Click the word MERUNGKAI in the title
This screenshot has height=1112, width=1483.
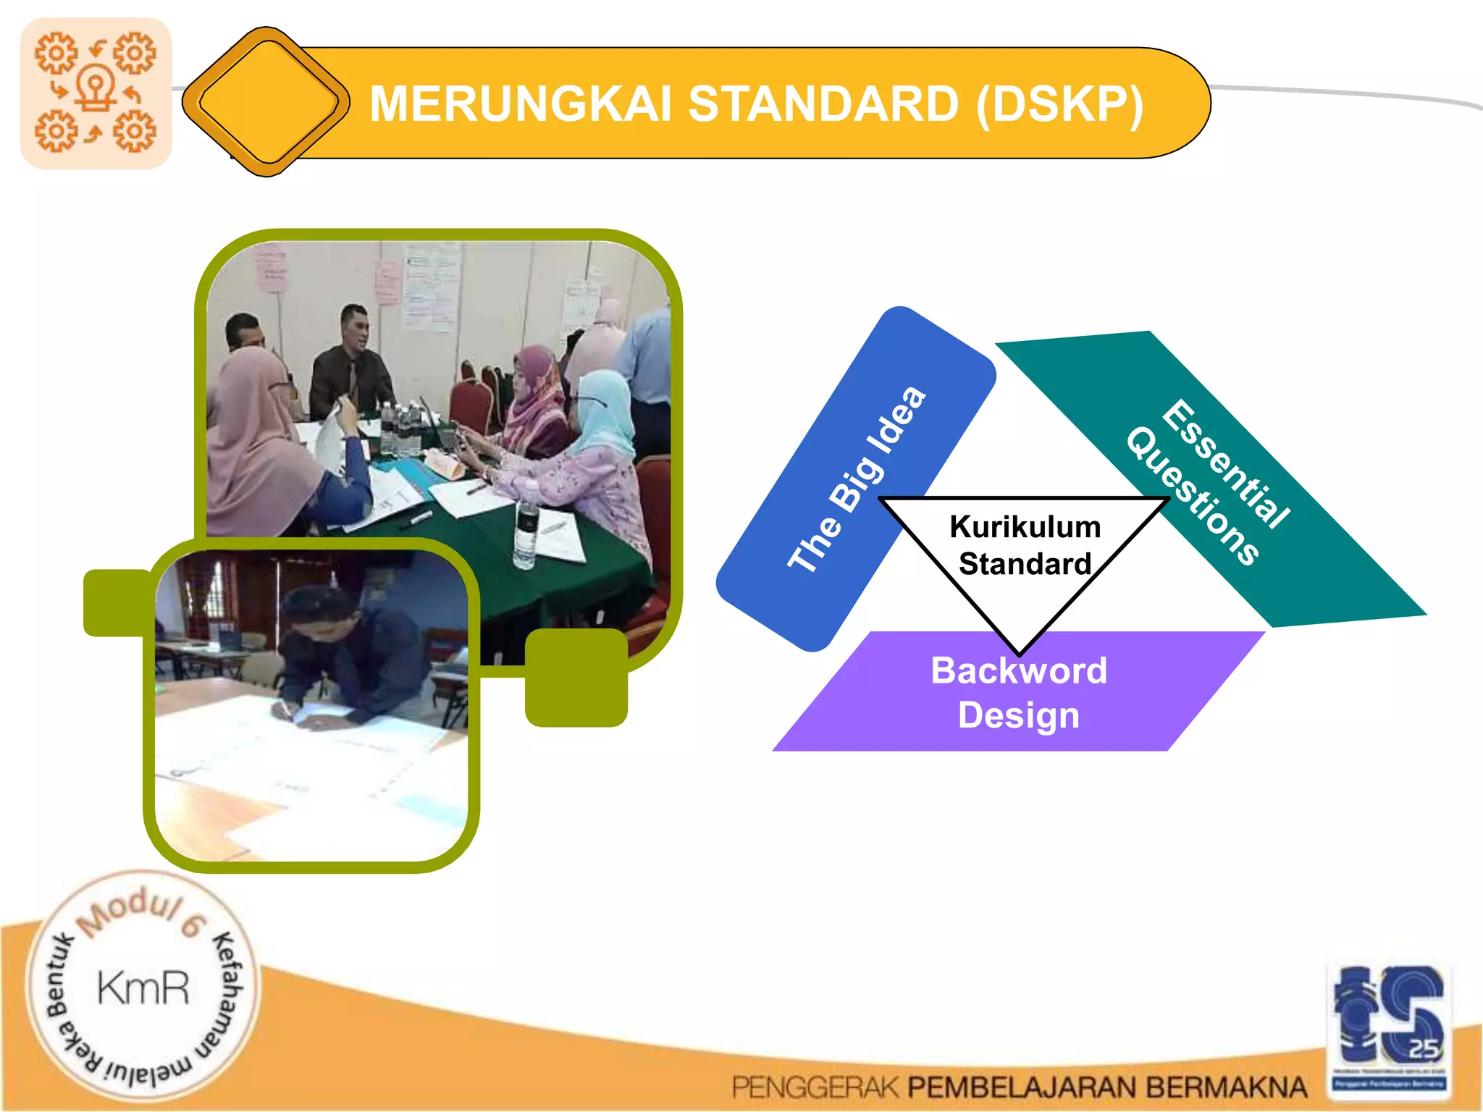pyautogui.click(x=521, y=104)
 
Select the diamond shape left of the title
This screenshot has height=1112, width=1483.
pyautogui.click(x=266, y=102)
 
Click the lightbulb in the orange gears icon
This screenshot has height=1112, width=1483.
pyautogui.click(x=96, y=87)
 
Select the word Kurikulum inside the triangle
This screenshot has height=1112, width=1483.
pyautogui.click(x=1025, y=527)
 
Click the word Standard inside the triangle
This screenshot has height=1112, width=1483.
pyautogui.click(x=1025, y=564)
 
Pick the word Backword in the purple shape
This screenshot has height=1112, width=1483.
pyautogui.click(x=1019, y=670)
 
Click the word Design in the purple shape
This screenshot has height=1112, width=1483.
pyautogui.click(x=1019, y=715)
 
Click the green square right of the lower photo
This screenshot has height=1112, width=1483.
pyautogui.click(x=576, y=678)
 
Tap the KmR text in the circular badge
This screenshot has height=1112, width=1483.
pyautogui.click(x=143, y=987)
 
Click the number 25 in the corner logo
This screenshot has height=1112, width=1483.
pyautogui.click(x=1423, y=1048)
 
